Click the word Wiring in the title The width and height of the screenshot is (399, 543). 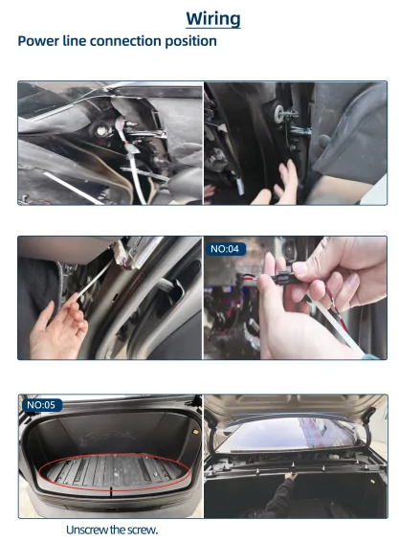[x=213, y=19]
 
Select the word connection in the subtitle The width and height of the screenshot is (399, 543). [x=125, y=41]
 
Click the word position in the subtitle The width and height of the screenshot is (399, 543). [x=190, y=41]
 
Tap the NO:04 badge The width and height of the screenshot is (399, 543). [x=225, y=249]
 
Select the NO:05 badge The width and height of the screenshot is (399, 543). [x=42, y=405]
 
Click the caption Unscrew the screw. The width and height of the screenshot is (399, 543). [x=112, y=530]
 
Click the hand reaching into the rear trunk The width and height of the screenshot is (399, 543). [x=291, y=477]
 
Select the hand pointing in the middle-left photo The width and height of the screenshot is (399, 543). [x=57, y=329]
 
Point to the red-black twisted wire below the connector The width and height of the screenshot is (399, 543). [x=332, y=302]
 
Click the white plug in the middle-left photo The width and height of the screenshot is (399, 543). [x=122, y=256]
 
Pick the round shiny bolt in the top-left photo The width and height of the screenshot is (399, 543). [x=101, y=131]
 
